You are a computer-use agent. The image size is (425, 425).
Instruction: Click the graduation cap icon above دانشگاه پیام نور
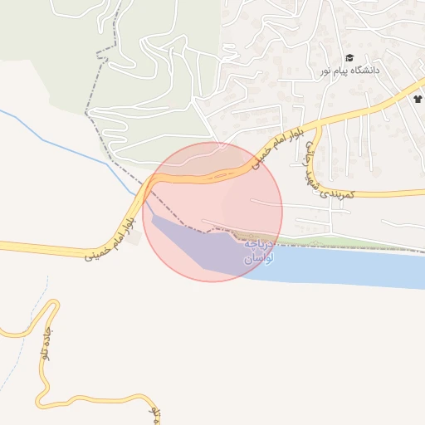(x=349, y=58)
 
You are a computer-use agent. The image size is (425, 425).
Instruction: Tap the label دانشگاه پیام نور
(x=349, y=71)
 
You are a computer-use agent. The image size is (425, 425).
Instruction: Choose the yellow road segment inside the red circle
(x=199, y=176)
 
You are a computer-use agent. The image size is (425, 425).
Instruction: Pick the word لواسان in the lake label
(x=256, y=260)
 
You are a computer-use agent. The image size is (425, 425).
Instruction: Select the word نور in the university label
(x=327, y=71)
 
